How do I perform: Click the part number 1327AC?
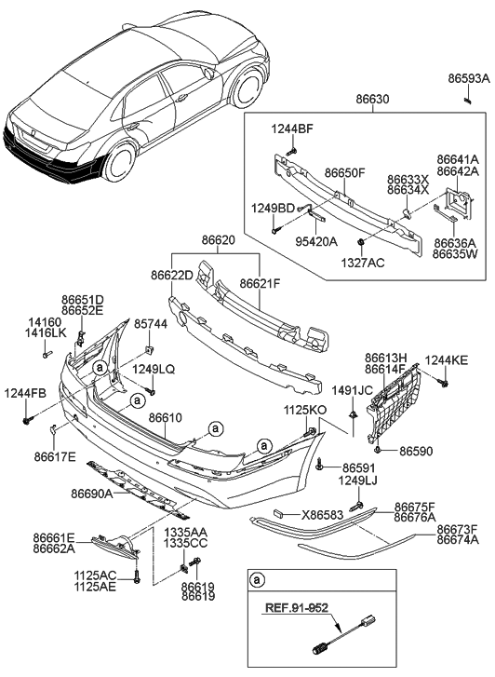click(x=363, y=264)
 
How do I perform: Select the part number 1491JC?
click(x=353, y=391)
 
